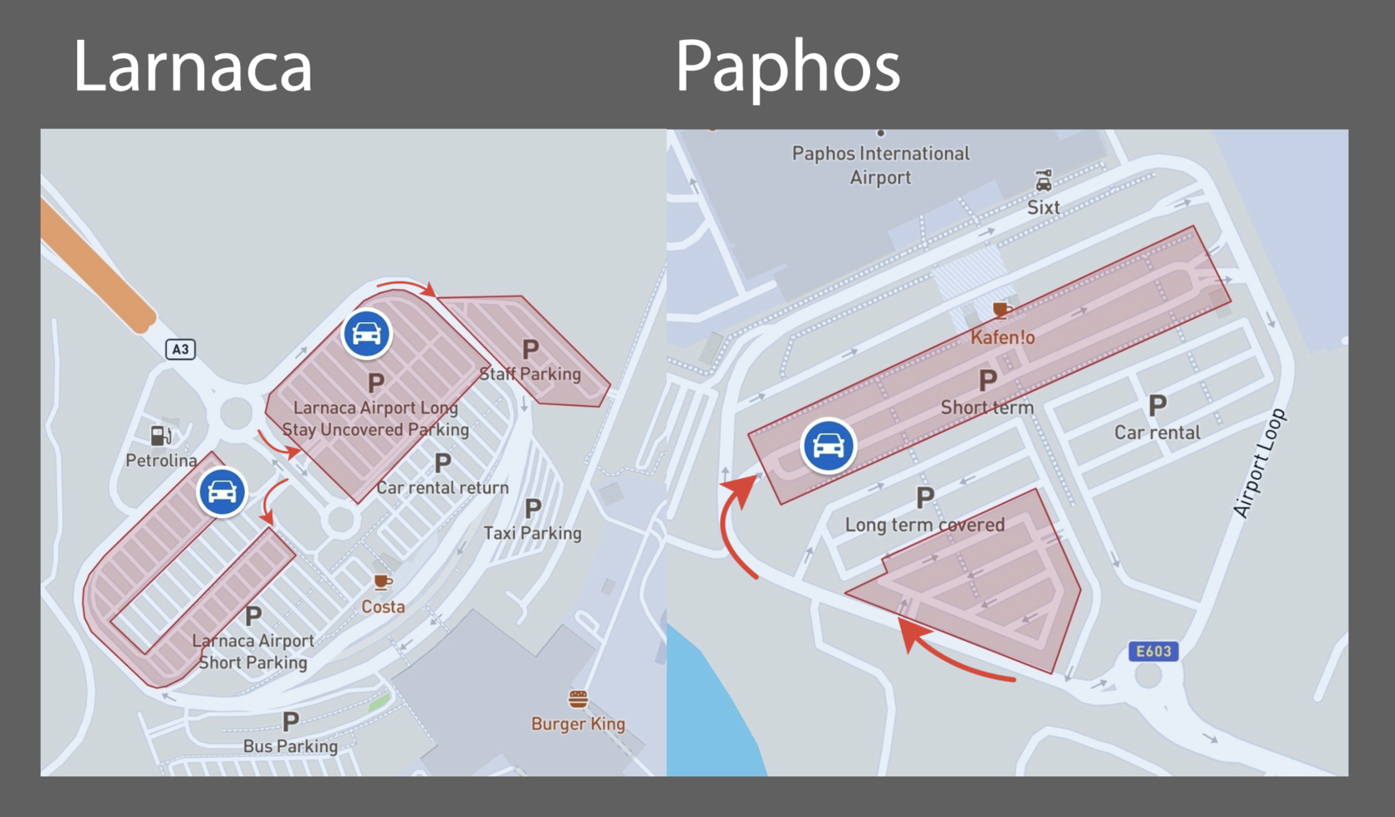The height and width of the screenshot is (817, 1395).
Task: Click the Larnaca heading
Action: (x=193, y=66)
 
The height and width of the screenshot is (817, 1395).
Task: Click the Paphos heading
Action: (x=787, y=66)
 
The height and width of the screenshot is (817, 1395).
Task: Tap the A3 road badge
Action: (x=180, y=350)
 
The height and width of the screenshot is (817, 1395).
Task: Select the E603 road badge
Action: (x=1153, y=651)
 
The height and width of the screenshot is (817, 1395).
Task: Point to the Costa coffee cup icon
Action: (x=382, y=582)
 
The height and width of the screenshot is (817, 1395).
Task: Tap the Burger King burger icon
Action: (x=578, y=699)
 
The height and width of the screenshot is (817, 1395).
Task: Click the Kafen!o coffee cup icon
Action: (x=1002, y=311)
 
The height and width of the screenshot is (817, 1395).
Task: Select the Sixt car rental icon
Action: (x=1043, y=180)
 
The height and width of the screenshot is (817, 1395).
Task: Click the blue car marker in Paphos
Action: (x=828, y=446)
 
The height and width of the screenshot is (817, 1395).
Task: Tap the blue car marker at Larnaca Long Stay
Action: (x=366, y=334)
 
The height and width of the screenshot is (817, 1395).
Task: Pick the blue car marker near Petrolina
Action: (x=222, y=492)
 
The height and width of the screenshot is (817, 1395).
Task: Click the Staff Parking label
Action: (x=531, y=374)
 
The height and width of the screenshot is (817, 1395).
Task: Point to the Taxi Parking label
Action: (x=532, y=533)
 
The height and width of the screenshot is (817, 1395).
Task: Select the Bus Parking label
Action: (x=291, y=746)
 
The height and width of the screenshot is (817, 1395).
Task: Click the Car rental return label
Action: (x=443, y=487)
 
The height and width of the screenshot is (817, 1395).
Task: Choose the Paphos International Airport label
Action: (x=880, y=165)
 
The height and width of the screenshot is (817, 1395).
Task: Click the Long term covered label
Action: (x=924, y=525)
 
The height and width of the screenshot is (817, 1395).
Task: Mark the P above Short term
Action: (x=987, y=381)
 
